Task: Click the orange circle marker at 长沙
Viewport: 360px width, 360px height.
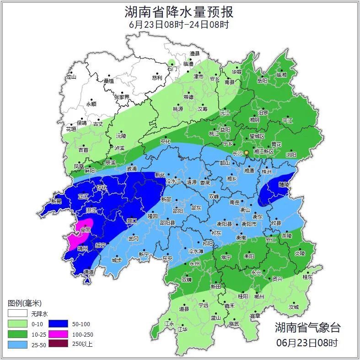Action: (247, 152)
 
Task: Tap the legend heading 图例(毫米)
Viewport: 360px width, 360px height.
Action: (25, 303)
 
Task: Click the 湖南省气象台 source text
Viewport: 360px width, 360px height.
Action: (307, 328)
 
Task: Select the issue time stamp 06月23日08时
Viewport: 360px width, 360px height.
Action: (307, 342)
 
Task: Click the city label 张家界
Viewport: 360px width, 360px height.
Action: (122, 97)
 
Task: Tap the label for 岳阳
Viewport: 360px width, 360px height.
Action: (262, 81)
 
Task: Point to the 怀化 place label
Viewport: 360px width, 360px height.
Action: (102, 188)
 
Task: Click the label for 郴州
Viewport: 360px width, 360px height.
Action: (259, 296)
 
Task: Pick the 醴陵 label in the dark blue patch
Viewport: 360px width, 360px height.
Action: (284, 184)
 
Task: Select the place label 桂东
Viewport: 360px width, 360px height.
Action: (307, 277)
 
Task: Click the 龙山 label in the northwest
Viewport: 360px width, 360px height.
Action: (71, 77)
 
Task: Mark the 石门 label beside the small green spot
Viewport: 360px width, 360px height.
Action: (172, 69)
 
